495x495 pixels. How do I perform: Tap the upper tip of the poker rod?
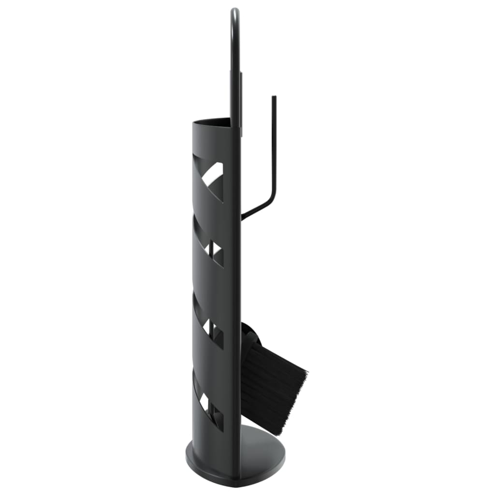(274, 98)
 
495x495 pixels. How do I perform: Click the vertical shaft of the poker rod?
(274, 145)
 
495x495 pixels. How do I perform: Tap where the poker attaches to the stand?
(243, 218)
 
